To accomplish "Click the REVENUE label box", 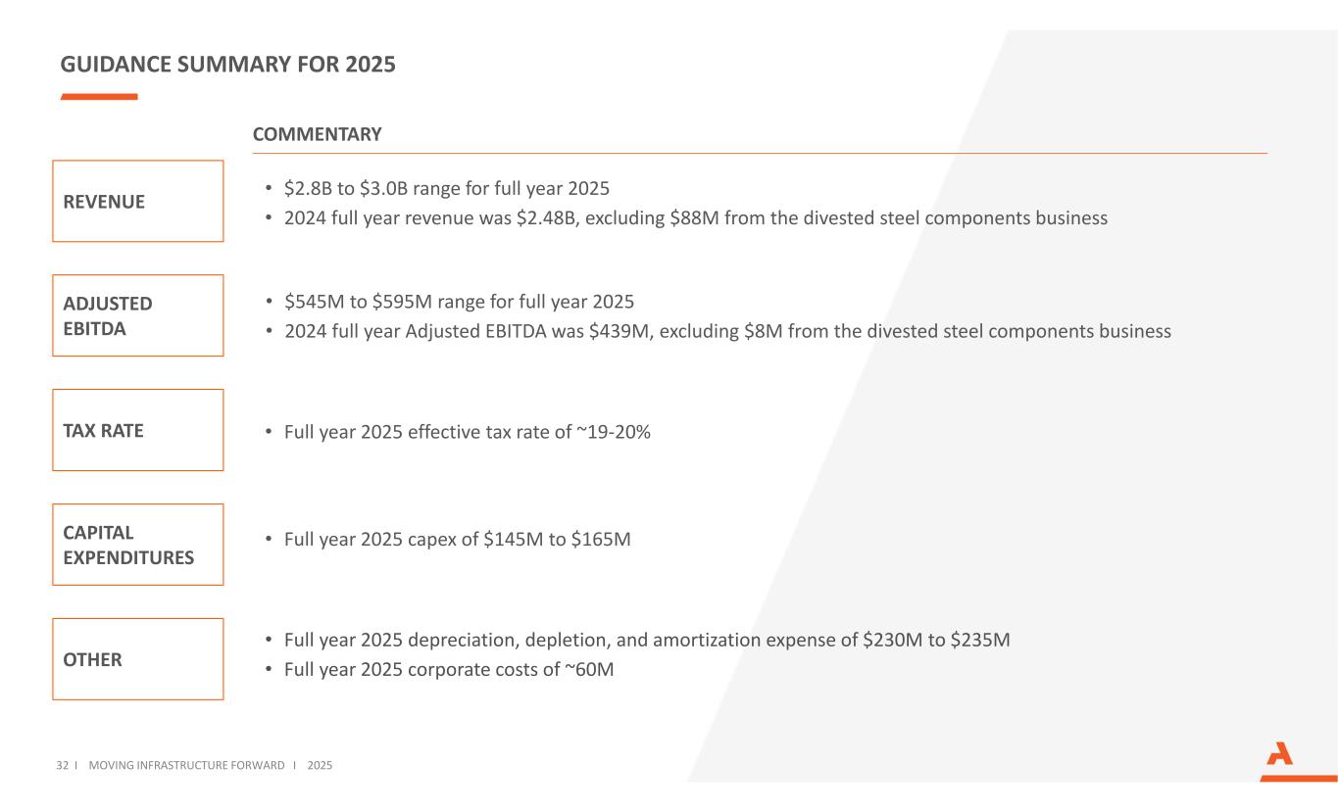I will [x=137, y=201].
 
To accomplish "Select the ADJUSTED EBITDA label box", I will [x=137, y=315].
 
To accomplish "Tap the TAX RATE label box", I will [x=137, y=430].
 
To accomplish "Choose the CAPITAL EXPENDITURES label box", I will [x=137, y=545].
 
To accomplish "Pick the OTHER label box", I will [x=137, y=659].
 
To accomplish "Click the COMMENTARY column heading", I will [x=317, y=134].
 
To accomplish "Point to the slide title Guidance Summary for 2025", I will [x=227, y=65].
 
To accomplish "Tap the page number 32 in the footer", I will [x=63, y=764].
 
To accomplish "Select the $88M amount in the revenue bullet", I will [x=695, y=218].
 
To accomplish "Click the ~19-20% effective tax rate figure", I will [x=613, y=431].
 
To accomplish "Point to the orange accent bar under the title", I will [x=99, y=97].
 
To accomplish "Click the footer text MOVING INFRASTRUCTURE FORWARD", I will [x=186, y=764].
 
